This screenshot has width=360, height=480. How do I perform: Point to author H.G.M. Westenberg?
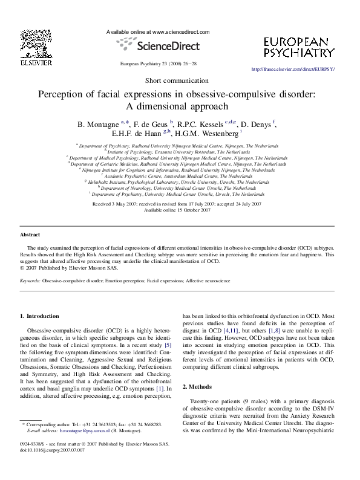pyautogui.click(x=206, y=134)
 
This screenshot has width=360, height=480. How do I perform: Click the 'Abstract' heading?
pyautogui.click(x=30, y=234)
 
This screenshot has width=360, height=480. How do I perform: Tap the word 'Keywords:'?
pyautogui.click(x=30, y=281)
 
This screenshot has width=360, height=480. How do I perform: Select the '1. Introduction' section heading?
pyautogui.click(x=40, y=316)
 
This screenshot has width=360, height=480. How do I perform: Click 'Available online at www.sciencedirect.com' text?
pyautogui.click(x=158, y=31)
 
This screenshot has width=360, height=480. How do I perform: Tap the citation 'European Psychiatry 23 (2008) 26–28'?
pyautogui.click(x=159, y=63)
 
